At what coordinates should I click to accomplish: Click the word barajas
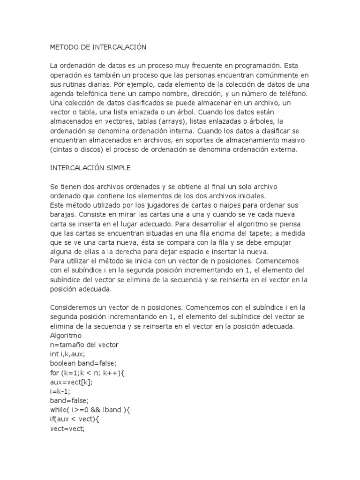coord(61,215)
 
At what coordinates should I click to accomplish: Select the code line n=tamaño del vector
coord(84,345)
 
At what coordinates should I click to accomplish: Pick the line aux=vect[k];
coord(71,382)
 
